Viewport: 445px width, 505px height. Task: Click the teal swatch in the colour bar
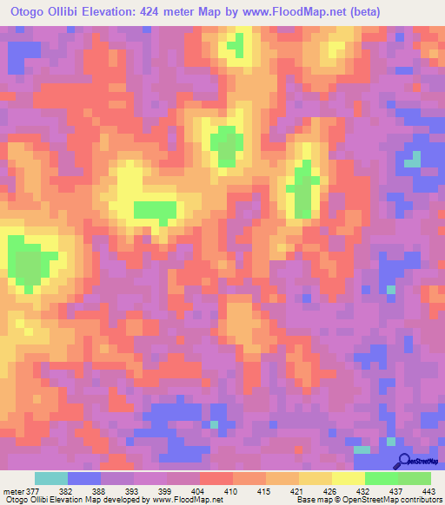point(51,479)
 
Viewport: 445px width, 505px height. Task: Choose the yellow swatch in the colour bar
point(349,479)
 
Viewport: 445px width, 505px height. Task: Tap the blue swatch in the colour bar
point(84,479)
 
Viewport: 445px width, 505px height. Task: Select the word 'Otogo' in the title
point(24,10)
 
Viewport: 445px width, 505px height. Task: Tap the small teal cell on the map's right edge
point(412,159)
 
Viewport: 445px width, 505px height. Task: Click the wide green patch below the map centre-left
point(155,209)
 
